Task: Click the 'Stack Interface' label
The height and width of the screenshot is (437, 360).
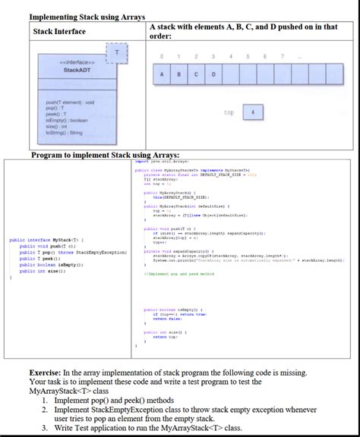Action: (59, 31)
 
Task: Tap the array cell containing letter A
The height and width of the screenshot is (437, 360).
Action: (163, 74)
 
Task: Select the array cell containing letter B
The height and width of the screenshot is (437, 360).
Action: (180, 74)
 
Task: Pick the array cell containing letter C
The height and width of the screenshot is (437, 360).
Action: (197, 74)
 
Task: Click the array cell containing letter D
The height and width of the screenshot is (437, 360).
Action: (213, 74)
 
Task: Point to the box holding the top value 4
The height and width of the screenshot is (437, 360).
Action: (252, 112)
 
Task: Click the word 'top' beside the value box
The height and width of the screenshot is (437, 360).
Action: (229, 112)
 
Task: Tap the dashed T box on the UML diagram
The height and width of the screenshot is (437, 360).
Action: (116, 51)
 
